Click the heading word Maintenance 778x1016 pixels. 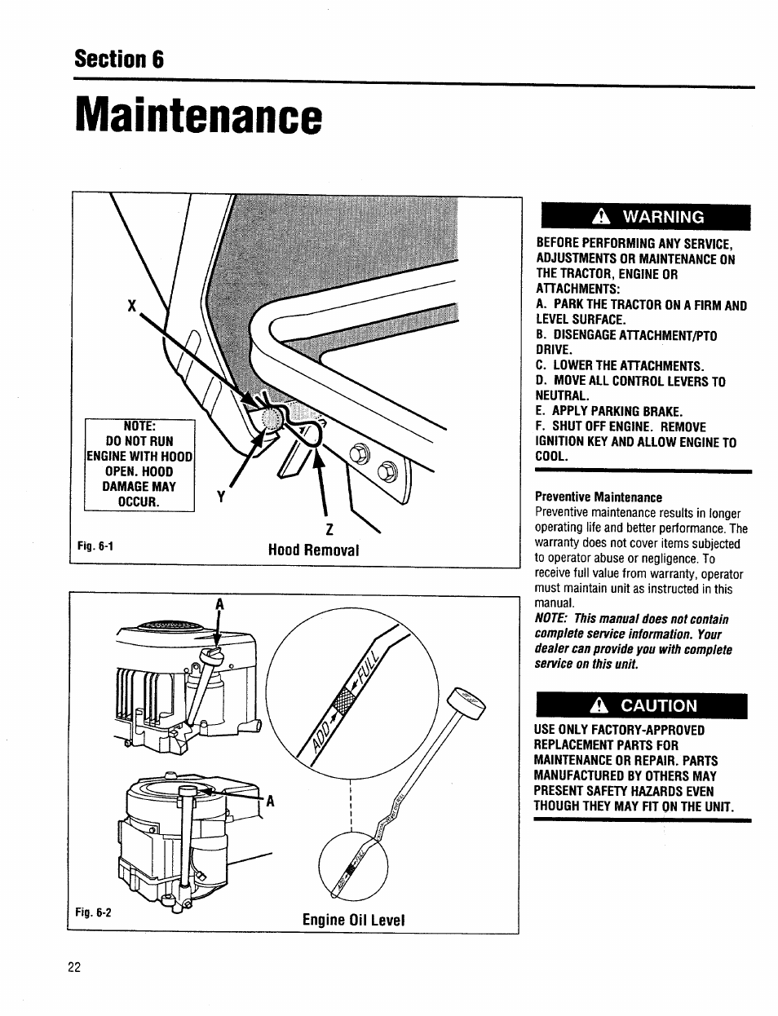[x=196, y=119]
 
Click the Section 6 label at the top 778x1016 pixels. [x=119, y=60]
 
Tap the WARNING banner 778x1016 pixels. [x=643, y=217]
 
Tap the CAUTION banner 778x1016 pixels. [x=641, y=705]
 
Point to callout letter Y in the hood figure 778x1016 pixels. [x=219, y=497]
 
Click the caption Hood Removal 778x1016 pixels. [x=314, y=550]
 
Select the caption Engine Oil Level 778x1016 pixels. [x=353, y=920]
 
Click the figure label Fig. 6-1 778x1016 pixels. [x=95, y=546]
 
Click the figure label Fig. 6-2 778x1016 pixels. [x=95, y=913]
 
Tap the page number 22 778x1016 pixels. [x=74, y=967]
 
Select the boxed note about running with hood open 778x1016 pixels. [x=140, y=464]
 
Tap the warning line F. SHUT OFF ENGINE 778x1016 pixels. [x=620, y=426]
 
